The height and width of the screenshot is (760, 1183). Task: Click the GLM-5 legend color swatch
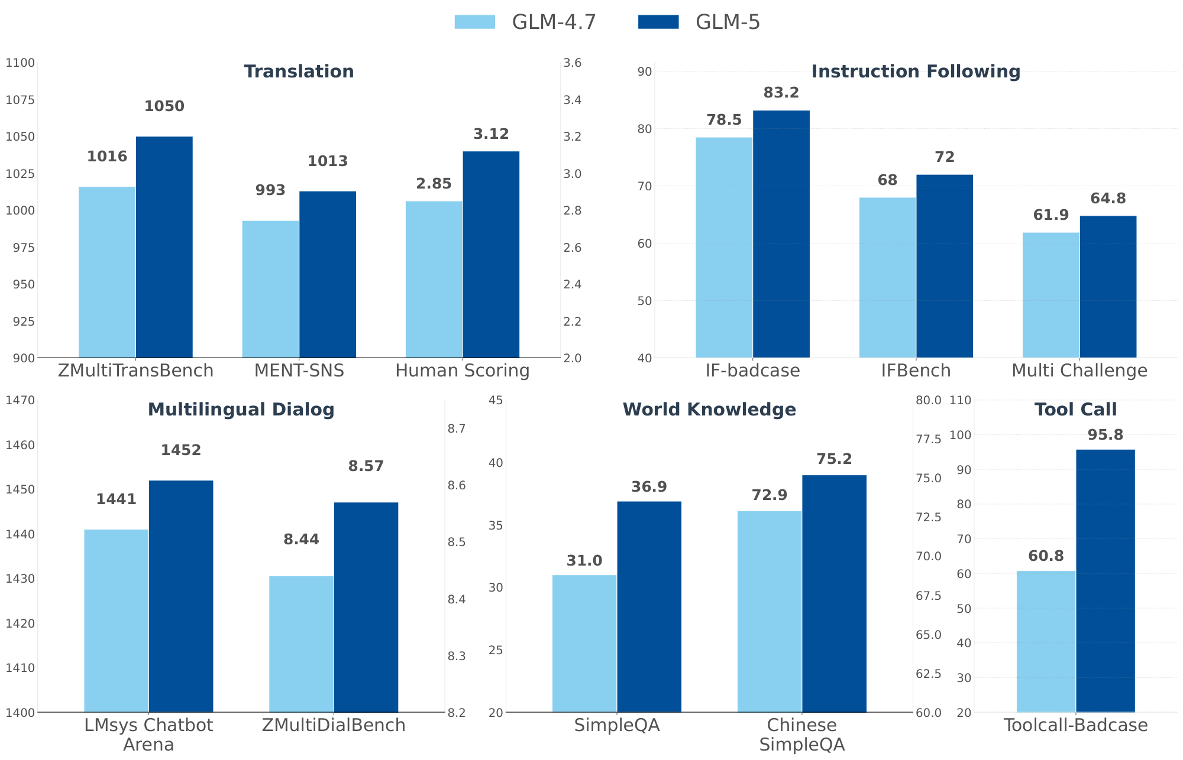click(x=658, y=22)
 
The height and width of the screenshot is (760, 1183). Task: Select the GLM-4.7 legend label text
click(x=554, y=22)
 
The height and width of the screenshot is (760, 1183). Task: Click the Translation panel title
click(x=299, y=72)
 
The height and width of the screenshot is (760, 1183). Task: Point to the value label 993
click(x=270, y=190)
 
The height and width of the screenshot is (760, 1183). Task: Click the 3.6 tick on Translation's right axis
click(x=573, y=63)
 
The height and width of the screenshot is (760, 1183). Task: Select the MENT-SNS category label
click(x=299, y=371)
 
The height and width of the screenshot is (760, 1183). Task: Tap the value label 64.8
click(x=1108, y=199)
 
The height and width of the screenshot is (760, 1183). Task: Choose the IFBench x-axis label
click(x=916, y=371)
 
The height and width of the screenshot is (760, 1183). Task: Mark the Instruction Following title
click(x=916, y=72)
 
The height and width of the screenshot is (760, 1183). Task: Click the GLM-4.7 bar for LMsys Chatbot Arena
click(x=116, y=621)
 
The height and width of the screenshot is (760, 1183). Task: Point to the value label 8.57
click(x=366, y=466)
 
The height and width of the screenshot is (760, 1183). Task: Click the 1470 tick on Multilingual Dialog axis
click(x=20, y=400)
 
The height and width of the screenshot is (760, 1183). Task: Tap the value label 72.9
click(x=769, y=495)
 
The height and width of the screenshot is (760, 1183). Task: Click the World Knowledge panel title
click(x=709, y=410)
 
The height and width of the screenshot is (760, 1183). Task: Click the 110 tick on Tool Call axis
click(x=960, y=400)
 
